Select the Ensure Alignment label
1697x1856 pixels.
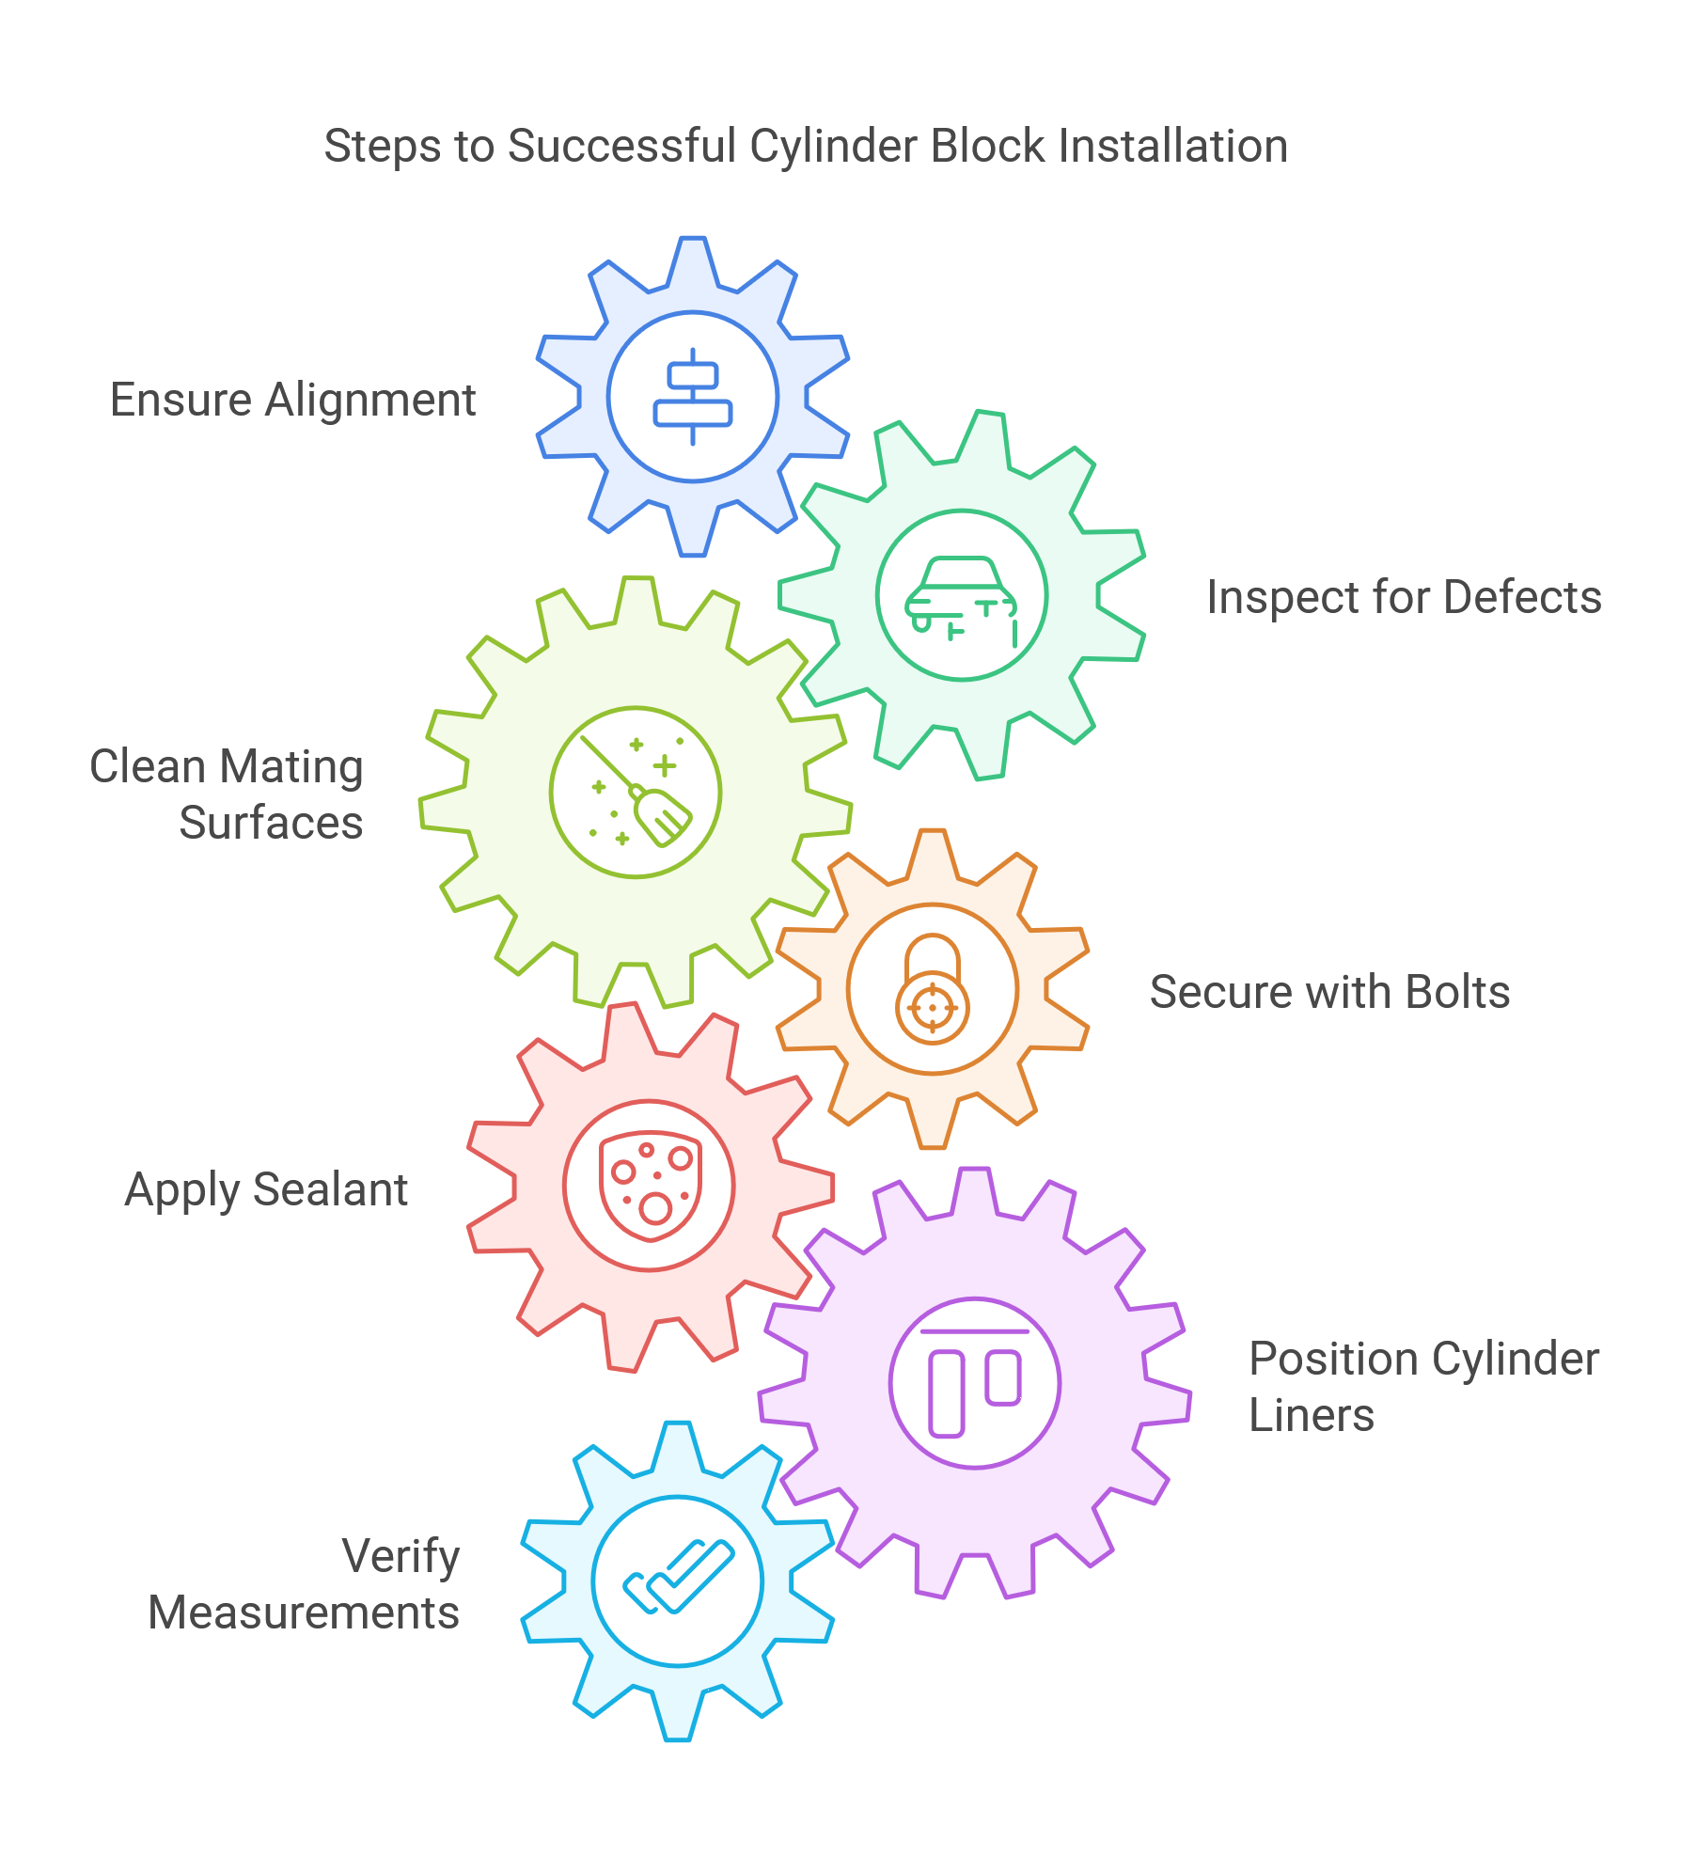pyautogui.click(x=292, y=400)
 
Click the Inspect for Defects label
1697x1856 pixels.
pyautogui.click(x=1404, y=597)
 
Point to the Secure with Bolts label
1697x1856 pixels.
pyautogui.click(x=1329, y=992)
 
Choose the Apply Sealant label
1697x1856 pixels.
pyautogui.click(x=266, y=1189)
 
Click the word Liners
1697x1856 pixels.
pyautogui.click(x=1311, y=1415)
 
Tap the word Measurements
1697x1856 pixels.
pyautogui.click(x=304, y=1612)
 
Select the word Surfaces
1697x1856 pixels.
pyautogui.click(x=271, y=823)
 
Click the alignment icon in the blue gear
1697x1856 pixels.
pyautogui.click(x=693, y=397)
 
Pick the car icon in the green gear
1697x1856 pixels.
pyautogui.click(x=961, y=596)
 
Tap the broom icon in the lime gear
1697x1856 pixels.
pyautogui.click(x=636, y=793)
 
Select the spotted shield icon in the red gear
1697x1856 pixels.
pyautogui.click(x=650, y=1186)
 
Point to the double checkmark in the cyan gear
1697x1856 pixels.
pyautogui.click(x=678, y=1581)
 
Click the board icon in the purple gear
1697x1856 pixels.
pyautogui.click(x=975, y=1383)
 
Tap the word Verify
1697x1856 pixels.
pyautogui.click(x=401, y=1556)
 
